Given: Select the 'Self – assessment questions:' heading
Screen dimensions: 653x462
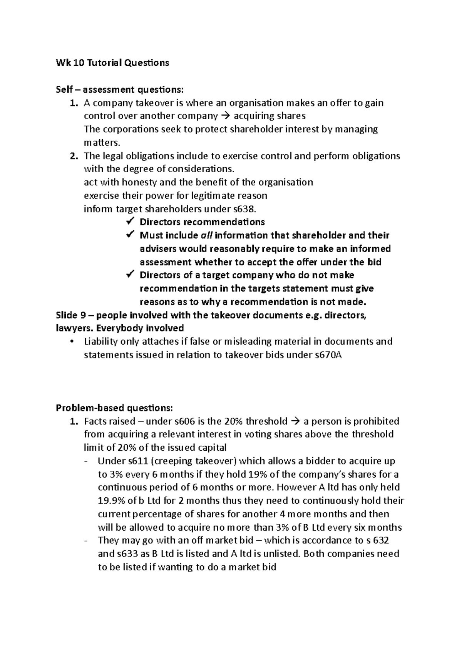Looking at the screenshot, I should coord(120,90).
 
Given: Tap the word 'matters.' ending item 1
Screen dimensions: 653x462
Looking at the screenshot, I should coord(102,143).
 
